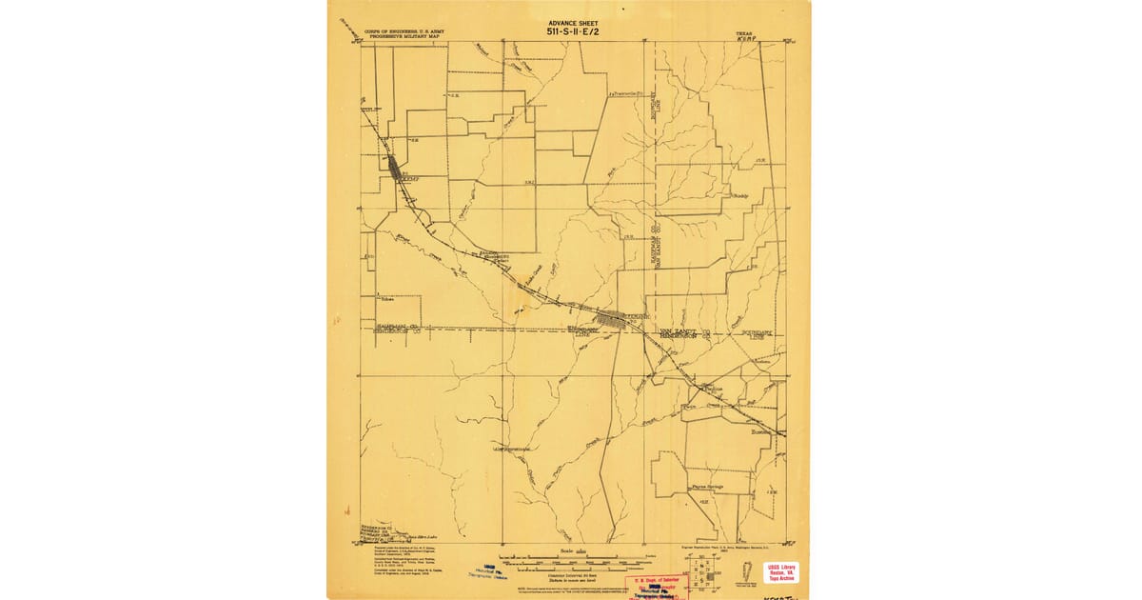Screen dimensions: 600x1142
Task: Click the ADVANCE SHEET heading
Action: coord(569,21)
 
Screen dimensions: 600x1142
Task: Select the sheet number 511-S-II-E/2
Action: coord(569,30)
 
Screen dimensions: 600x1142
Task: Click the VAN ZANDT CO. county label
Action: coord(685,330)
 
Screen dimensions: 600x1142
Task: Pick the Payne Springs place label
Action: coord(707,486)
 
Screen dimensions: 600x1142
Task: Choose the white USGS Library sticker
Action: coord(782,571)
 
